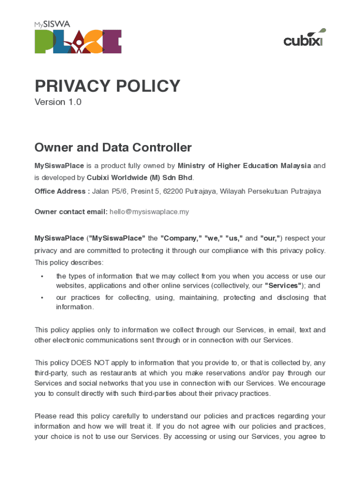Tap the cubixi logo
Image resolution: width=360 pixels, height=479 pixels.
tap(304, 39)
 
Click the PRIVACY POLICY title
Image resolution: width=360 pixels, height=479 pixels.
tap(107, 86)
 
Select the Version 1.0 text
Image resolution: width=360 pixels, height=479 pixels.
tap(58, 102)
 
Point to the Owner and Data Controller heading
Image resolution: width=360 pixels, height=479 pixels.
tap(113, 148)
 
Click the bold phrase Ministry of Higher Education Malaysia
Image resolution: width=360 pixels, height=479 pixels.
tap(244, 166)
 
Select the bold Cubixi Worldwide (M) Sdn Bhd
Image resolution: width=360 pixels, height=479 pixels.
tap(139, 178)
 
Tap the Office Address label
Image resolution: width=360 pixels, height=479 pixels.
tap(62, 191)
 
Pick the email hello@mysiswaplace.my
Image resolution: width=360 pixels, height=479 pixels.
tap(149, 212)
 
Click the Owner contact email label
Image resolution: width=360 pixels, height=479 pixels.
tap(71, 212)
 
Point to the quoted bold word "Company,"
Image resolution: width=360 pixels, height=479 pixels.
tap(180, 238)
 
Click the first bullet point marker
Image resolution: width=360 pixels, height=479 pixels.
tap(42, 276)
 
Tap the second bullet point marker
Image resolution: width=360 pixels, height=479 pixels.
tap(42, 298)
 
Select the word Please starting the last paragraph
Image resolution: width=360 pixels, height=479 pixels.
tap(46, 416)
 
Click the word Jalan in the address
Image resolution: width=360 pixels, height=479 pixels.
tap(101, 191)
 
